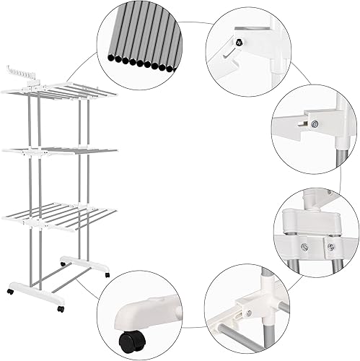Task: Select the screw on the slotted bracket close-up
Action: coord(315,123)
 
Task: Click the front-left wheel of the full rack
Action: coord(12,291)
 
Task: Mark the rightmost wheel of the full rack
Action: coord(107,275)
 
